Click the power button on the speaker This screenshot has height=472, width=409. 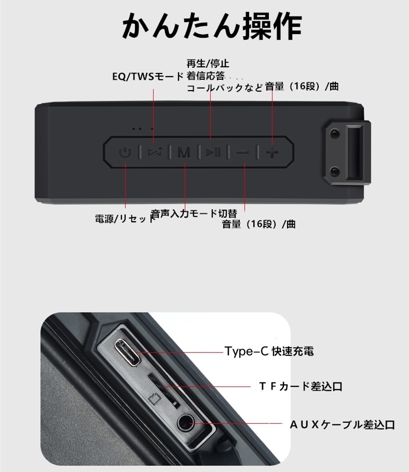click(125, 152)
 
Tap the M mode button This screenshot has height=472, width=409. click(184, 152)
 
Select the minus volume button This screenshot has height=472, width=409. click(242, 152)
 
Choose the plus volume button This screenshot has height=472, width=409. click(272, 152)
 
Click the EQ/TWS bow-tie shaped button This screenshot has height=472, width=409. click(154, 152)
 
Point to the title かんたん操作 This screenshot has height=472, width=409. click(212, 26)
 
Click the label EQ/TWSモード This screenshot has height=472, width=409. click(148, 76)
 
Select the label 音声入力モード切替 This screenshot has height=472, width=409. click(194, 213)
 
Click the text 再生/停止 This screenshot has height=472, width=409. click(208, 64)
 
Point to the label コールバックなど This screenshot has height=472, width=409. click(225, 88)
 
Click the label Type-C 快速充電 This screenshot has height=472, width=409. click(269, 352)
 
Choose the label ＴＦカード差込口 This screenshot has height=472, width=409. click(301, 387)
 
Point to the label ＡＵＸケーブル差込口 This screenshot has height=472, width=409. click(342, 425)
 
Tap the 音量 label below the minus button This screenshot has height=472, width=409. click(258, 224)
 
